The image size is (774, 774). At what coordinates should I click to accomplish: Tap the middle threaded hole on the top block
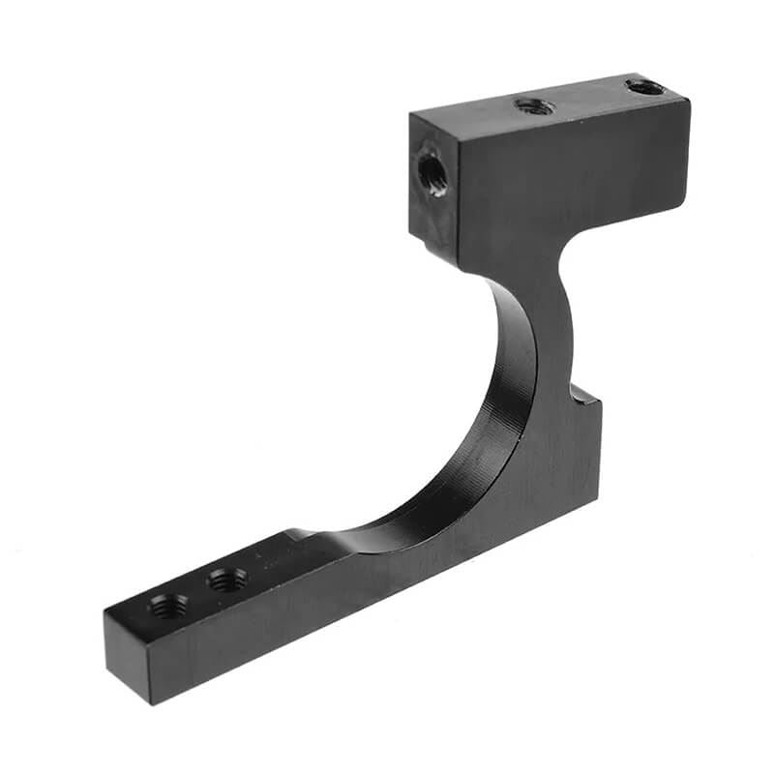(x=534, y=105)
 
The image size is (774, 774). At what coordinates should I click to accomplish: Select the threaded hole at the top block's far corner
(x=644, y=87)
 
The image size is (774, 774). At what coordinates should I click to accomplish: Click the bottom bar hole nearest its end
(x=168, y=607)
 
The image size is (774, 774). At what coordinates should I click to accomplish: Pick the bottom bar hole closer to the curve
(x=227, y=580)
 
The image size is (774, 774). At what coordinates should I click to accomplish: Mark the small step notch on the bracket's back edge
(x=584, y=395)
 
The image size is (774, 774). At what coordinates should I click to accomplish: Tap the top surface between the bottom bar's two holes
(x=198, y=592)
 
